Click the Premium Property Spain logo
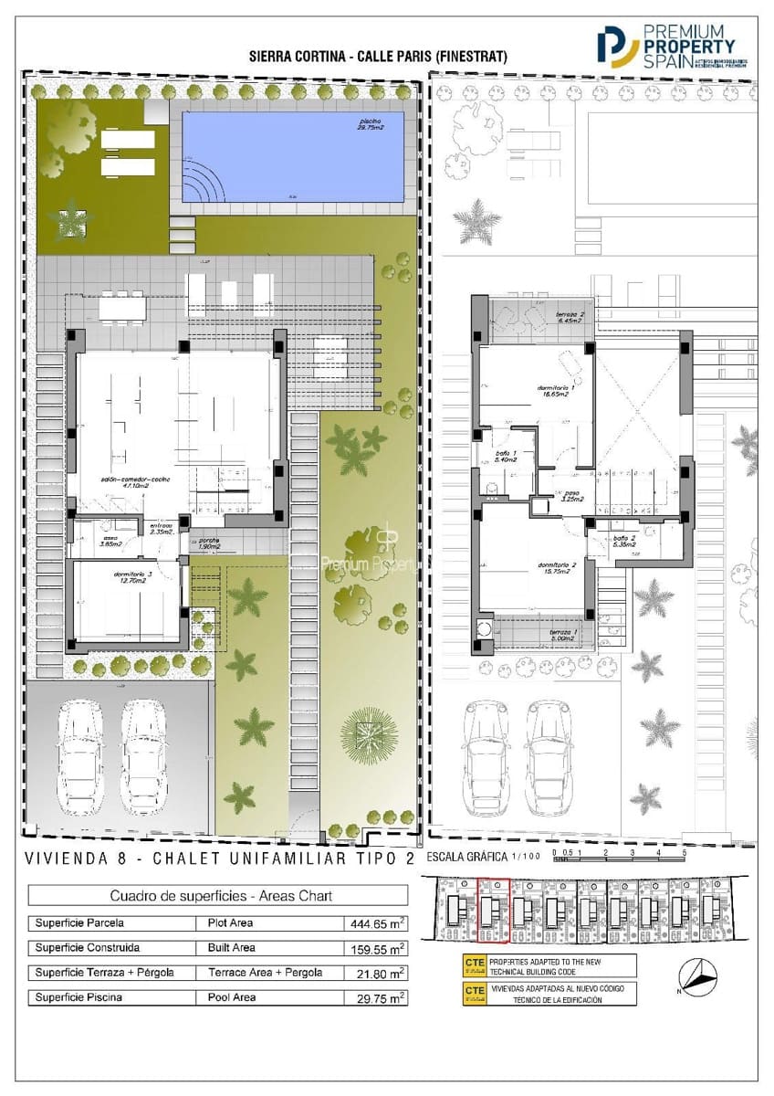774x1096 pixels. point(674,45)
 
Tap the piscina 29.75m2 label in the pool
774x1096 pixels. point(370,125)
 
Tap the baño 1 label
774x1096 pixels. point(505,457)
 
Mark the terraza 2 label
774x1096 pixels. point(570,318)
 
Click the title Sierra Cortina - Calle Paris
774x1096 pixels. point(377,57)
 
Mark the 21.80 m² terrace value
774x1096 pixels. point(378,973)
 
